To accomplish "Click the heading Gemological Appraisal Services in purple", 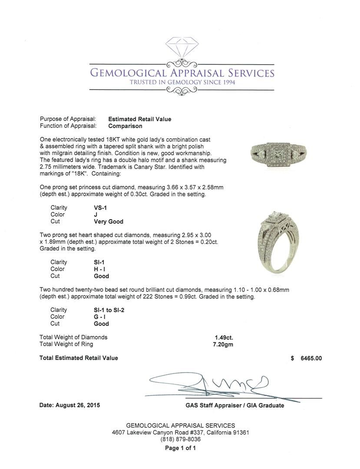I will (182, 72).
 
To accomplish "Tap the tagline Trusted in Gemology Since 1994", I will (182, 82).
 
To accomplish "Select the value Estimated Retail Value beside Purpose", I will (139, 119).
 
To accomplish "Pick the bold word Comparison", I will (125, 126).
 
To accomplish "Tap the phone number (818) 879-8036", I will (180, 439).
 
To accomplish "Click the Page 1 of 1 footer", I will (180, 448).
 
